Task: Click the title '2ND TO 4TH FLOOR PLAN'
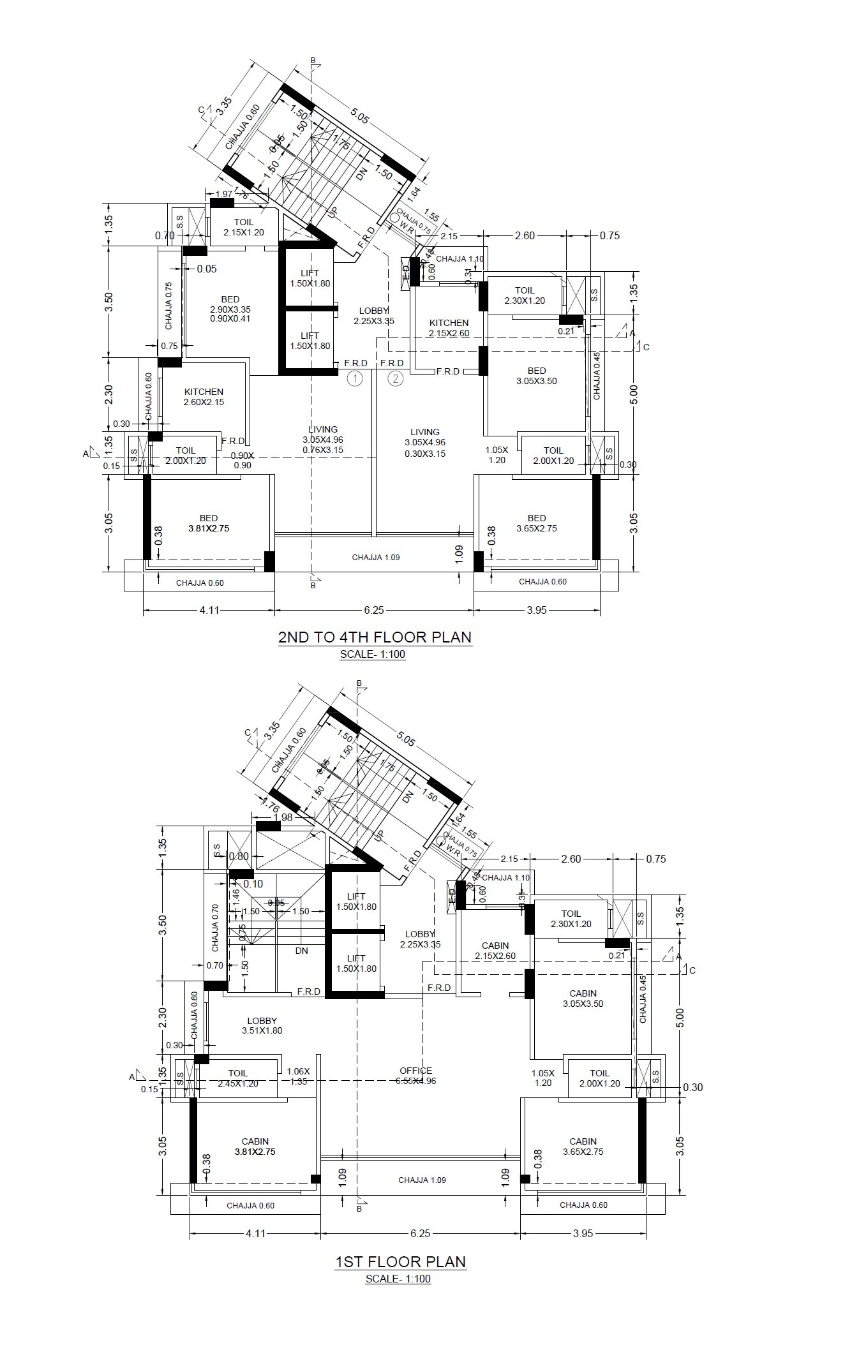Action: point(375,637)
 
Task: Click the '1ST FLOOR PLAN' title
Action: point(400,1261)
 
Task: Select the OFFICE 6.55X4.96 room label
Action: point(416,1076)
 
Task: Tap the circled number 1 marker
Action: point(355,379)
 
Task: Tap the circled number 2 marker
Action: point(396,379)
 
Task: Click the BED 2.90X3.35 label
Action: point(230,309)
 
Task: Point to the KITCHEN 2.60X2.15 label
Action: point(204,397)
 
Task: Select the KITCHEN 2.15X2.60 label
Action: point(449,328)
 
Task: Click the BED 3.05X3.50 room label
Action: point(537,376)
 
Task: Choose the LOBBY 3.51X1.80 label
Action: point(262,1025)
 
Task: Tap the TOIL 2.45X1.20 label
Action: point(238,1078)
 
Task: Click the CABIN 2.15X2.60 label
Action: point(495,951)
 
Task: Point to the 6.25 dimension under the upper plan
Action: point(374,610)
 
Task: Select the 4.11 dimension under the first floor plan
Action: point(255,1233)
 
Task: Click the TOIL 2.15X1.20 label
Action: point(243,227)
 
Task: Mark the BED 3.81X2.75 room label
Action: point(208,523)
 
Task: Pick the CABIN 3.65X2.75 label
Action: point(583,1147)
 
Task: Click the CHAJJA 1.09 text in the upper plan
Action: point(376,557)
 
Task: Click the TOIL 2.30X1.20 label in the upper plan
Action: point(525,295)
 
